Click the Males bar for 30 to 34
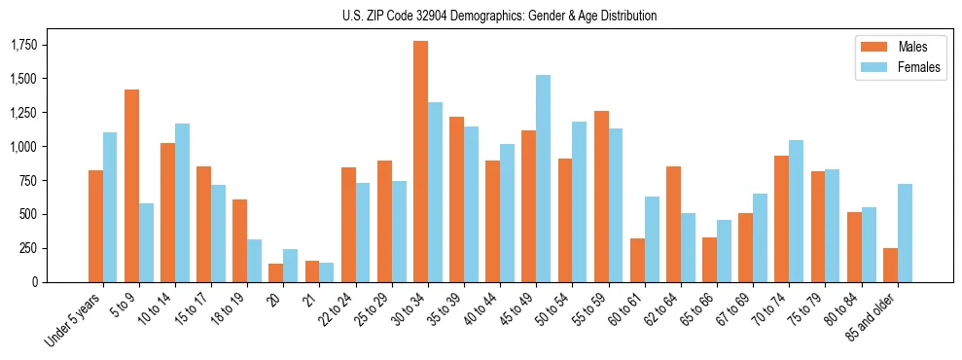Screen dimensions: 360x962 [420, 162]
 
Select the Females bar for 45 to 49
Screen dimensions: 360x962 [543, 178]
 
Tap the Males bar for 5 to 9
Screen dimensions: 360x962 [131, 186]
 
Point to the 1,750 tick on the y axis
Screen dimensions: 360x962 [22, 45]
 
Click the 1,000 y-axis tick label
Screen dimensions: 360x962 [22, 147]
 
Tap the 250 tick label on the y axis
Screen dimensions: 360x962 [28, 248]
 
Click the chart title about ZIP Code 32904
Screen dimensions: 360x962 [499, 16]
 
